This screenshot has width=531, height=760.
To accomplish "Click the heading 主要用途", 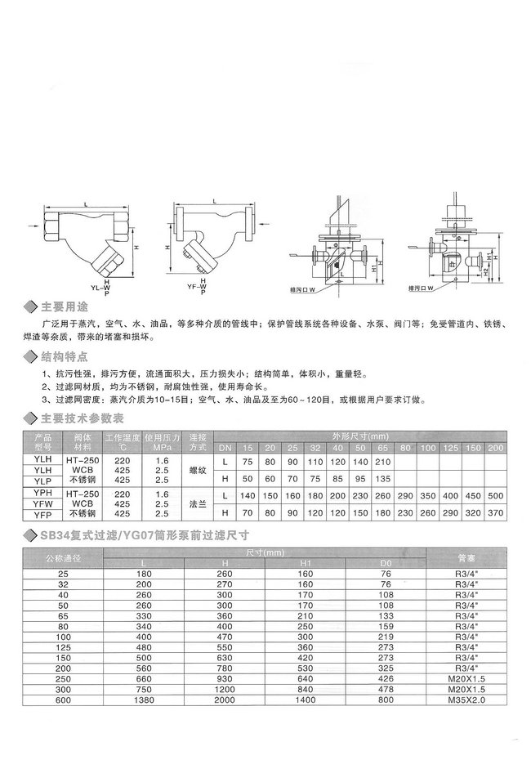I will point(65,307).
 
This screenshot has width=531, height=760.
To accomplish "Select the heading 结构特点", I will point(65,357).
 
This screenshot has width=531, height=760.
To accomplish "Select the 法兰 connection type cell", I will point(196,504).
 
